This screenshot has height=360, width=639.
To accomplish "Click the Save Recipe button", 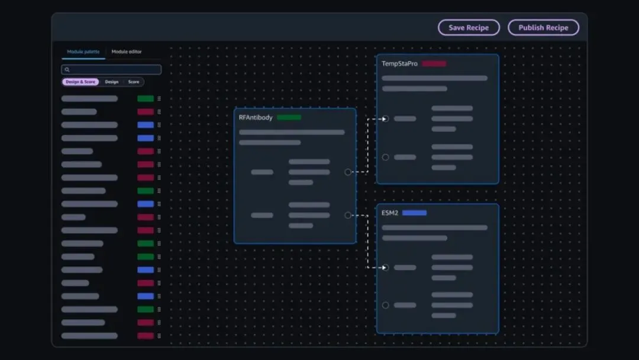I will (x=469, y=28).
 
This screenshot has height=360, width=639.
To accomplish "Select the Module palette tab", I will (x=83, y=52).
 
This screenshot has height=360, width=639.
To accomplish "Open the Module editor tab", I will (x=127, y=52).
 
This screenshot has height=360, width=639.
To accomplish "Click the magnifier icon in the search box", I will (x=67, y=70).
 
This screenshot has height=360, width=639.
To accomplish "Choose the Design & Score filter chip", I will (x=81, y=82).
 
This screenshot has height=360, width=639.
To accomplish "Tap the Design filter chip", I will (x=112, y=82).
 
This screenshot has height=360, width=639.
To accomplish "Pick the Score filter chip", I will (x=134, y=82).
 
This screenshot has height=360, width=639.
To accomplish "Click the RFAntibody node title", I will (x=256, y=117).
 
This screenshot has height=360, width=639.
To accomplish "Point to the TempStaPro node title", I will (x=399, y=63).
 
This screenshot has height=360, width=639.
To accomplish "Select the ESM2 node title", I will (x=390, y=213).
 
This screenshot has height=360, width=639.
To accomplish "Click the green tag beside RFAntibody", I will (x=289, y=117).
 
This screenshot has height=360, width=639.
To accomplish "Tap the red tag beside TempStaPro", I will (x=434, y=63).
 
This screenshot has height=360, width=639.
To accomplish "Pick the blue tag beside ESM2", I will (x=414, y=213).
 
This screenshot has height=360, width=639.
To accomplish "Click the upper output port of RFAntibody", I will (x=348, y=172).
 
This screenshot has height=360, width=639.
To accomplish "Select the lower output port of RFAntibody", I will (x=348, y=216).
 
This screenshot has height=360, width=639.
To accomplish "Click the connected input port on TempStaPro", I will (x=386, y=118).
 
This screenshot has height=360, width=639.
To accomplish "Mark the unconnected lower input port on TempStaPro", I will (x=386, y=157).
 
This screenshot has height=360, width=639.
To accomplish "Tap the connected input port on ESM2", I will (x=386, y=268).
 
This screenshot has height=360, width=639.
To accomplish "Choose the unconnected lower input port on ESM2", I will (x=386, y=306).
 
